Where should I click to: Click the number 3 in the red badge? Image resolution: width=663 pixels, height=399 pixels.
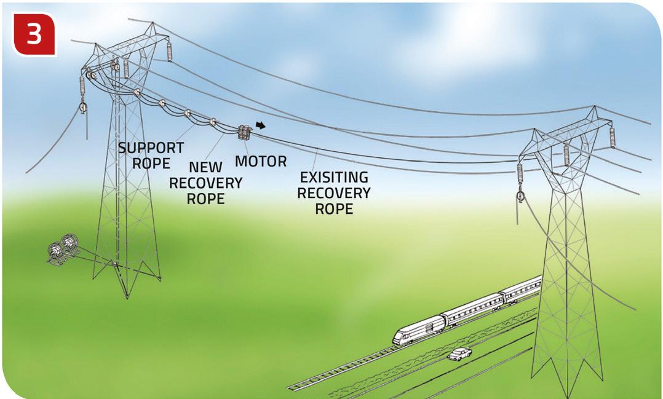34,34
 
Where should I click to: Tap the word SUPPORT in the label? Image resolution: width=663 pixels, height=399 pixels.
151,148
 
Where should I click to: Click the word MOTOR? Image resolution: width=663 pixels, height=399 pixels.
261,162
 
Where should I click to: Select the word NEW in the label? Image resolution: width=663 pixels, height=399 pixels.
205,168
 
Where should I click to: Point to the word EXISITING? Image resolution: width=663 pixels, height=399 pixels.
334,178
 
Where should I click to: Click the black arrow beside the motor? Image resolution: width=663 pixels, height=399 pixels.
261,125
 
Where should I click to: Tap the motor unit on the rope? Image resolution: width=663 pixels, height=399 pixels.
244,132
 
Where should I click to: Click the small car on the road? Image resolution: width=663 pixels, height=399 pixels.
459,354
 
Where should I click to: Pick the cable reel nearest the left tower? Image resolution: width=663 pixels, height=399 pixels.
70,245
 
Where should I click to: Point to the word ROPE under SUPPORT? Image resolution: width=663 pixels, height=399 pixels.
151,164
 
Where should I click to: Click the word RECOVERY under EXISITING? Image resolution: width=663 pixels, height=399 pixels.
334,193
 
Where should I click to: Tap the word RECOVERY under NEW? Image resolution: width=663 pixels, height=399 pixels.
205,183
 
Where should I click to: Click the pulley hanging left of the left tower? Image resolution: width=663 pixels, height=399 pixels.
82,108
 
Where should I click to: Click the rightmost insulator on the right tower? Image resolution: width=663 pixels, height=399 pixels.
612,136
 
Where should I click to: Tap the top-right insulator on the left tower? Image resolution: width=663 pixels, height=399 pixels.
169,51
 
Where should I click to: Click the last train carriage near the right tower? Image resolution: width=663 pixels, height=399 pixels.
521,290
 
